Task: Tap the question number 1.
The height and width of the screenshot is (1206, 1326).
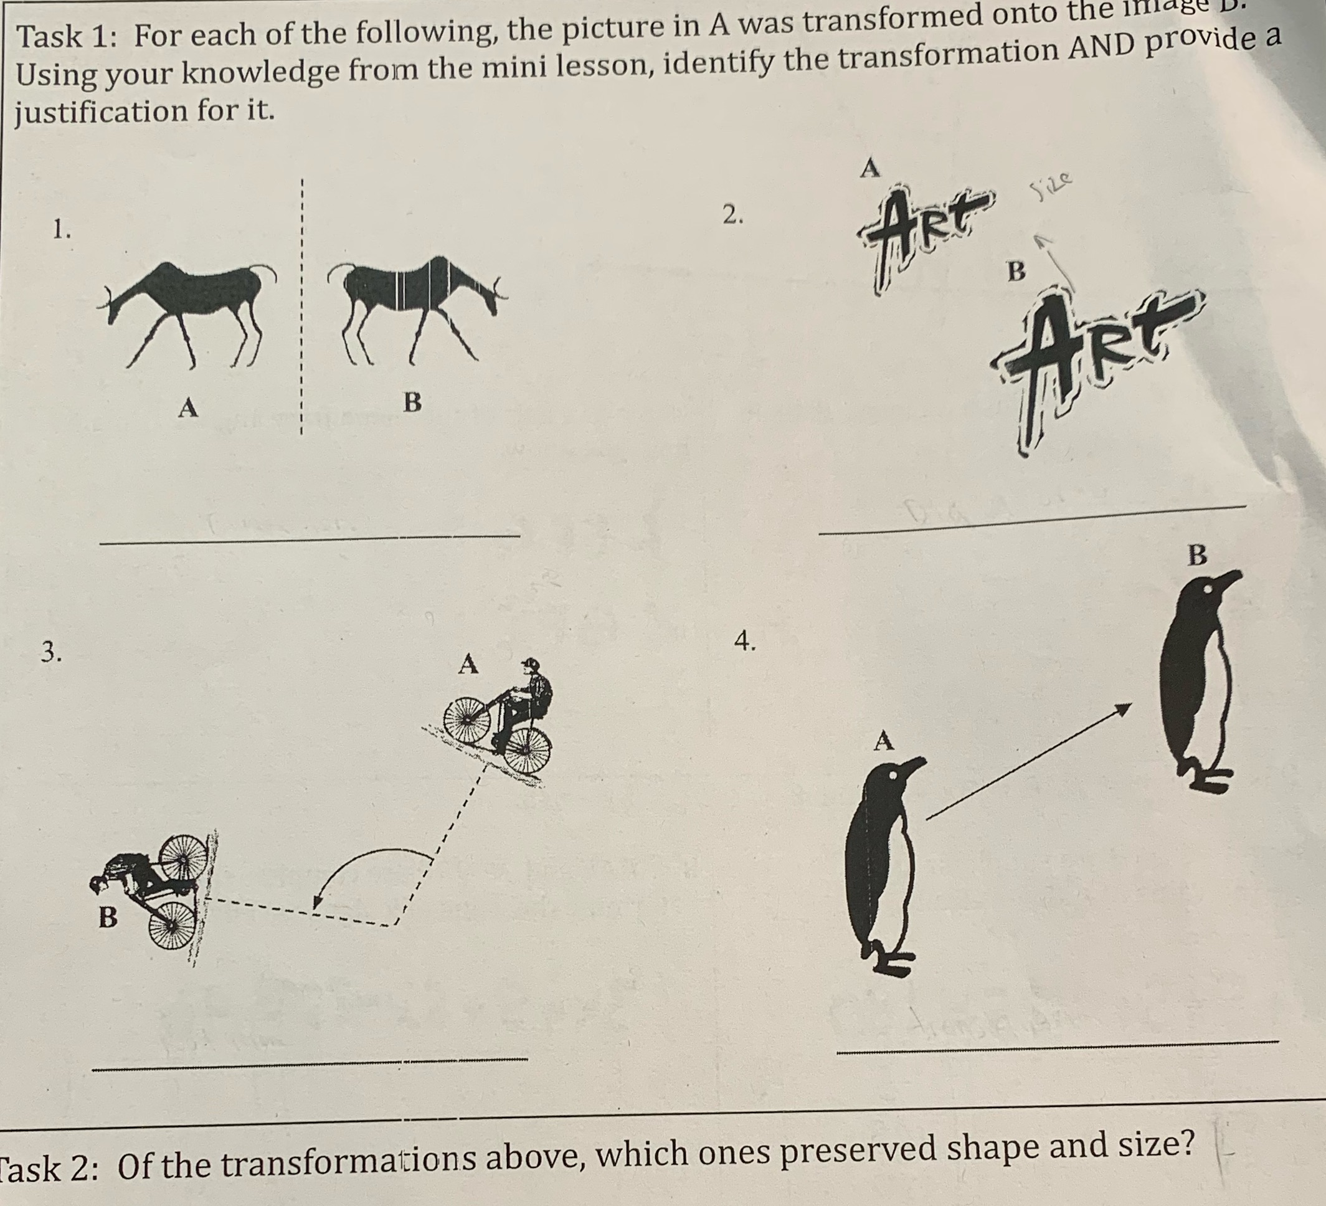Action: (62, 230)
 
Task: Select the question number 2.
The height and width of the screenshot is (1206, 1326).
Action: (732, 215)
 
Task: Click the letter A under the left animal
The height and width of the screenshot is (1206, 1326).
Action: (188, 409)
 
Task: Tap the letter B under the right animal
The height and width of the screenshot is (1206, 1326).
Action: (412, 402)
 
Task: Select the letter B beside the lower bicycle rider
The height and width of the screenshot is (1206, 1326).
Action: (108, 916)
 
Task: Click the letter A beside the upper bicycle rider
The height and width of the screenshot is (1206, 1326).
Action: (468, 664)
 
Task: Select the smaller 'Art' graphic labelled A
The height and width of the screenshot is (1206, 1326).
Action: (921, 230)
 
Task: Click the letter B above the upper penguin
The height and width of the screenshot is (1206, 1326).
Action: (1197, 554)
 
